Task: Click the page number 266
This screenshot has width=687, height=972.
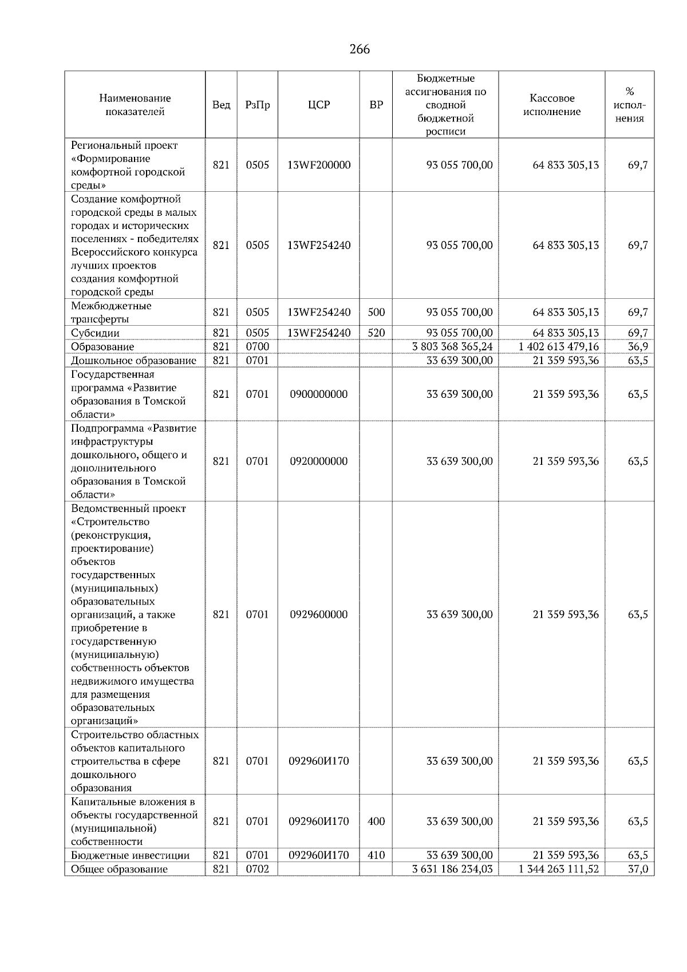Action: (360, 49)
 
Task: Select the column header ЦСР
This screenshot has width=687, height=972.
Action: (319, 105)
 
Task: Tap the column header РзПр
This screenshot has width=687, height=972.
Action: (257, 105)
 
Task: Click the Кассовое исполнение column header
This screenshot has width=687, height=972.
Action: (551, 105)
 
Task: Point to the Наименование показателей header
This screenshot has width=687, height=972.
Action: (135, 105)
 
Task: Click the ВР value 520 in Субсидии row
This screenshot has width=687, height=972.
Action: (376, 333)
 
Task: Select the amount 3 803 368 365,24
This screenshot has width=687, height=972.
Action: (452, 346)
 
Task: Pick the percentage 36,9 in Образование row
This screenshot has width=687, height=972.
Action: (638, 346)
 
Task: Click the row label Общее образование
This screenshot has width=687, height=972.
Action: (119, 869)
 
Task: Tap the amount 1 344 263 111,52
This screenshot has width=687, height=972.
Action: (559, 869)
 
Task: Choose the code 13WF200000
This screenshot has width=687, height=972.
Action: (319, 165)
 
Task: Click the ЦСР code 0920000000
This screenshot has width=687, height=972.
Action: (319, 461)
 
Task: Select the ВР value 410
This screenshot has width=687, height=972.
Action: (376, 855)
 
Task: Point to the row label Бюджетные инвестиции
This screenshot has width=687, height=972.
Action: (130, 855)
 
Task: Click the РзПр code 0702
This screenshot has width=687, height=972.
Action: (257, 869)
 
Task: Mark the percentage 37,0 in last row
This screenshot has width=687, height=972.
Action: (638, 869)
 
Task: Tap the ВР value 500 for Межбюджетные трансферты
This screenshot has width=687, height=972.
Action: (376, 312)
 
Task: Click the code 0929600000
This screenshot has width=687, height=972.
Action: (319, 614)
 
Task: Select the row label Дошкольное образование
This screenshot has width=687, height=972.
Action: (133, 360)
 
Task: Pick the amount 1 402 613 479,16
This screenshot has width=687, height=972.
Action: (559, 346)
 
